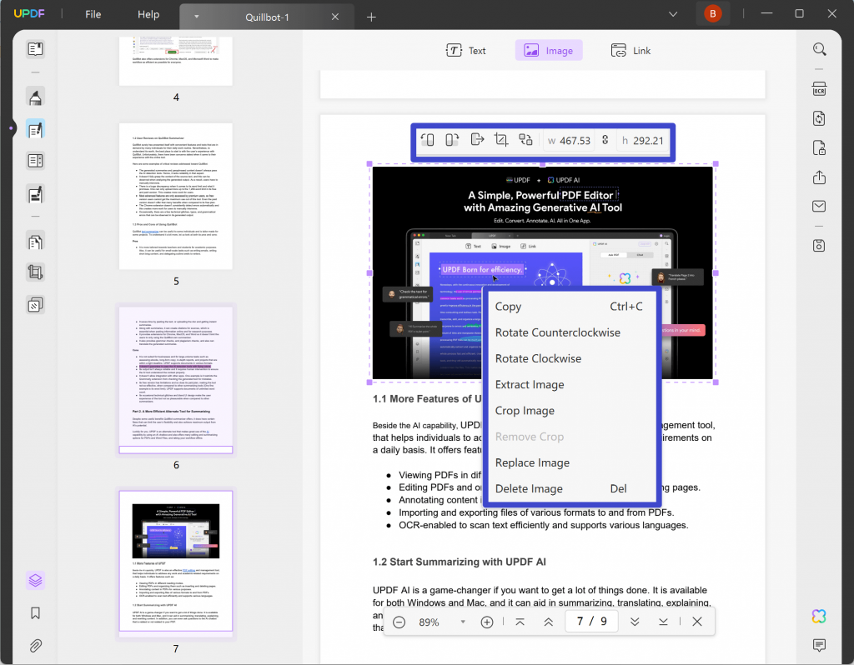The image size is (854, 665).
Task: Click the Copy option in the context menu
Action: pos(509,307)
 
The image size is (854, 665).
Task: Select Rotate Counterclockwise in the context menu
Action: pos(557,332)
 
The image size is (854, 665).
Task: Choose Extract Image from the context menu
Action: pos(530,384)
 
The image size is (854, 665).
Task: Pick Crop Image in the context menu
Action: pos(525,411)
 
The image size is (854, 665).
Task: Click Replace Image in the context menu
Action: pos(532,462)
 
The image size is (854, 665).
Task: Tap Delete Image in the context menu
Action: pos(528,488)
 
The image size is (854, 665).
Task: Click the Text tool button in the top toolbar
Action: pos(466,51)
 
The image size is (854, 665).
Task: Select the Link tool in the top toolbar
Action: pos(630,51)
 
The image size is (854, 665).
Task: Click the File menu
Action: pos(93,15)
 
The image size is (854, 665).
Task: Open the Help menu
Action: pos(148,15)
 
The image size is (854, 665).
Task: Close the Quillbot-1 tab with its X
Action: pos(335,17)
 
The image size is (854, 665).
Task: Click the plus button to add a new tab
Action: pos(372,17)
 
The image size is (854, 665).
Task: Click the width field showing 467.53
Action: pos(574,140)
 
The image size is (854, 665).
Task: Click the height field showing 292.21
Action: pos(647,140)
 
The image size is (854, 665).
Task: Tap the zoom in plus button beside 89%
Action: pos(487,622)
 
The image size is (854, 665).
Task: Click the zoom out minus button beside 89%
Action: pos(399,622)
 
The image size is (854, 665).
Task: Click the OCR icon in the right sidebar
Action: pos(819,89)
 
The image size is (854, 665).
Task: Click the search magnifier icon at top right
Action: pos(819,49)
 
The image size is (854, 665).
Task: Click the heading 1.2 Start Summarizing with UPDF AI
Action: pos(459,562)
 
